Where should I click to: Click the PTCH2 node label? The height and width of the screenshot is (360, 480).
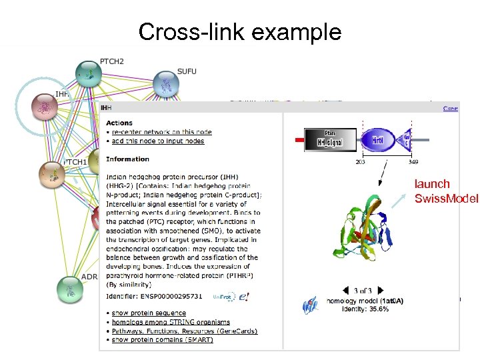coord(111,61)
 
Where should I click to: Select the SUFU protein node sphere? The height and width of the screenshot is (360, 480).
coord(166,85)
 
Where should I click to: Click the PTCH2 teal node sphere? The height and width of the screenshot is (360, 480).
coord(87,74)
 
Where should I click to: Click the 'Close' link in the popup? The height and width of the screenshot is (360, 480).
coord(451,107)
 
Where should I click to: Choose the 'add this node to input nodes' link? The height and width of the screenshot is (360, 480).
coord(157,141)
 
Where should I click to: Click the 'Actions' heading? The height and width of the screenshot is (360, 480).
coord(119,123)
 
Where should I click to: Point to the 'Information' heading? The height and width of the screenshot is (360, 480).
coord(127,159)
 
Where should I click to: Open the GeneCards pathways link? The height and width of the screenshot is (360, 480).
coord(184,331)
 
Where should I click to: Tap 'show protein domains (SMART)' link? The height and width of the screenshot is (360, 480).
coord(162,340)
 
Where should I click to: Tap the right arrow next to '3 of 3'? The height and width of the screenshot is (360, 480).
coord(381,290)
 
